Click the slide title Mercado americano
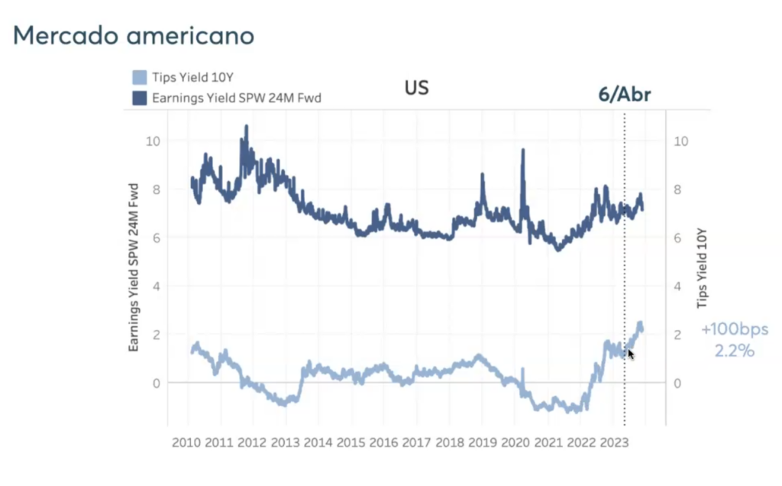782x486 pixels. (134, 36)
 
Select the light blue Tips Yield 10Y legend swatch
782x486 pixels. (140, 77)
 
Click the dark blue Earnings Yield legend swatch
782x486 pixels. (140, 98)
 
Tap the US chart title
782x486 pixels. (416, 88)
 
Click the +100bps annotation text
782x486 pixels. (735, 330)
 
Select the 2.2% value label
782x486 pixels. (735, 352)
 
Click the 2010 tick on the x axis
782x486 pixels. (186, 442)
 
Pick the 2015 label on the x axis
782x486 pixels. (351, 442)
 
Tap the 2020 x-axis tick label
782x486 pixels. (515, 442)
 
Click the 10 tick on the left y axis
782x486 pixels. (156, 141)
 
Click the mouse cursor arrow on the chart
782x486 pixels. (630, 353)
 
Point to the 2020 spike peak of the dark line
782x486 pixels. (523, 150)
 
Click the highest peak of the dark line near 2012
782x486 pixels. (246, 126)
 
